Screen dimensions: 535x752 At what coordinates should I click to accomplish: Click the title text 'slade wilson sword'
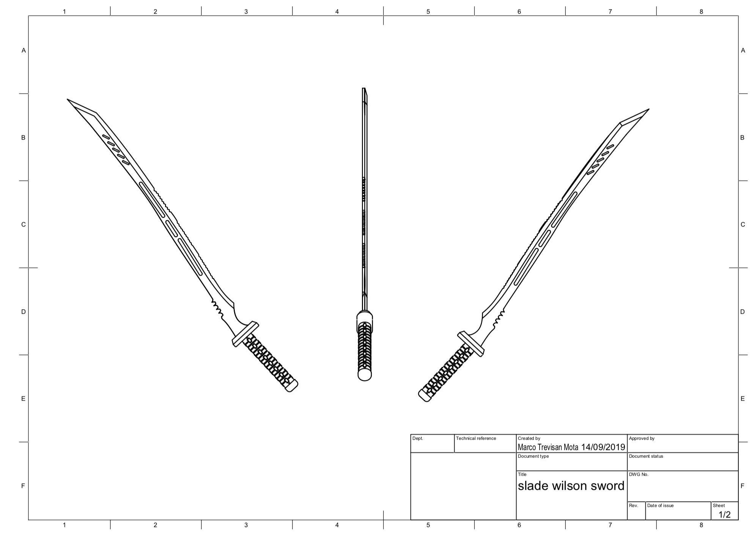click(x=571, y=486)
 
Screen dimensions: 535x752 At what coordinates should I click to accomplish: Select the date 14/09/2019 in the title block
click(x=603, y=447)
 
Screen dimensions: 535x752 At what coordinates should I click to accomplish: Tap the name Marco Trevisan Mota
click(x=548, y=447)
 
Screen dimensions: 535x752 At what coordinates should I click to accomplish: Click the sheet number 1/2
click(x=724, y=515)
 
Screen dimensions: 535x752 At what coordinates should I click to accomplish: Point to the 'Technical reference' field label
click(x=476, y=438)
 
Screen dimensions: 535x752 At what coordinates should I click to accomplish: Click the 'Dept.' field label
click(x=417, y=438)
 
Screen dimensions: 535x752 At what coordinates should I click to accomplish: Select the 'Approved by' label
click(x=642, y=438)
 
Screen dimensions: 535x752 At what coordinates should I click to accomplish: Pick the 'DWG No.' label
click(x=639, y=474)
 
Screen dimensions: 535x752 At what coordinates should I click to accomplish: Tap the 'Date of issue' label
click(x=660, y=505)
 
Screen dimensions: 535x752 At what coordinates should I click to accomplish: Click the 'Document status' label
click(x=646, y=456)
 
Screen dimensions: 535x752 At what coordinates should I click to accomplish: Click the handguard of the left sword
click(x=245, y=334)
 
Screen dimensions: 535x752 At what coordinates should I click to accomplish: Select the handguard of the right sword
click(x=471, y=344)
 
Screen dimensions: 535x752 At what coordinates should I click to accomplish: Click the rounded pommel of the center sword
click(x=364, y=375)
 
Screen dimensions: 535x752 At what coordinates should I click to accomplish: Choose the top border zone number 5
click(x=428, y=11)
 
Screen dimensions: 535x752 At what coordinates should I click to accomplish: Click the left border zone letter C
click(x=23, y=225)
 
